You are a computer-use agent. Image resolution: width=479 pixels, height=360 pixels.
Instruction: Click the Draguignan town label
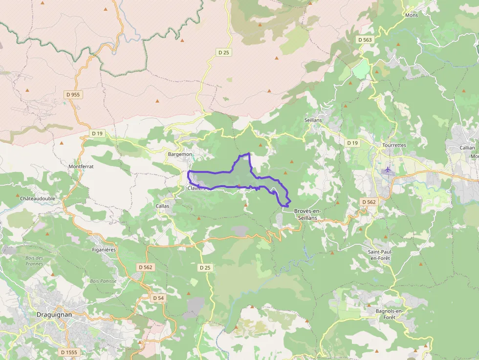(54, 315)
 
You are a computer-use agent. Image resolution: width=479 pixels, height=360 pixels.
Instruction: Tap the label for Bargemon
(179, 154)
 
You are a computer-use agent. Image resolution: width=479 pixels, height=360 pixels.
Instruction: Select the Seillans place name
(313, 120)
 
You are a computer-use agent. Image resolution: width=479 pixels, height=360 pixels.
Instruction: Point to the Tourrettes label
(394, 146)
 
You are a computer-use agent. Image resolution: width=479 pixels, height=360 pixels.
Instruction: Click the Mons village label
(412, 15)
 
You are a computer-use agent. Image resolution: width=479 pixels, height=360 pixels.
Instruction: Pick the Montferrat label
(81, 167)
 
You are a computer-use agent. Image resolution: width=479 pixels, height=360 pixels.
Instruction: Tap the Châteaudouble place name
(38, 199)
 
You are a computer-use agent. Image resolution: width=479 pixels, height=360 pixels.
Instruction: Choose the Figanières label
(104, 250)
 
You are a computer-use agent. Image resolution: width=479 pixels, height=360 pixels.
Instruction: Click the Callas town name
(163, 206)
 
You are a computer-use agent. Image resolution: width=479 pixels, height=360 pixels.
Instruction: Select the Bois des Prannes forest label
(34, 261)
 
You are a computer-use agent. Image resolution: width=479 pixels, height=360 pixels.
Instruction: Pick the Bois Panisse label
(103, 281)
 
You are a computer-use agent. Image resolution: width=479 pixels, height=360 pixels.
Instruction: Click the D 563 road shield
(365, 40)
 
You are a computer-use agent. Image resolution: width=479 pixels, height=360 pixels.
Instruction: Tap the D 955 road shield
(72, 94)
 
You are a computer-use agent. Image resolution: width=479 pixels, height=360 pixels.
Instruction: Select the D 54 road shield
(158, 298)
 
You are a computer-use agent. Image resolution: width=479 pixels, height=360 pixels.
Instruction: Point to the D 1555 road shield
(69, 352)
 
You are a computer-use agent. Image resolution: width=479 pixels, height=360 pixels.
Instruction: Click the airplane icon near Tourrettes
(388, 170)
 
